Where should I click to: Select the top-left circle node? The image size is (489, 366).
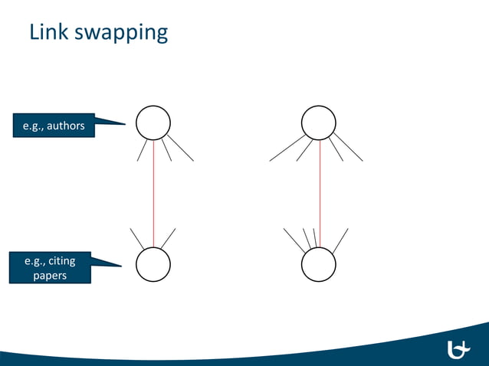[x=153, y=122]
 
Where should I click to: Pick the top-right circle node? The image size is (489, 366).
[x=319, y=122]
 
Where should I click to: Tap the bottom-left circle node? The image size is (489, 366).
[x=153, y=265]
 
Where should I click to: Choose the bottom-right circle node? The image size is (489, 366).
[x=319, y=265]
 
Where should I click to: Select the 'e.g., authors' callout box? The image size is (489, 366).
[x=53, y=126]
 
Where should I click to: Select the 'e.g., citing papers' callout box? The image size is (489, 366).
[x=50, y=269]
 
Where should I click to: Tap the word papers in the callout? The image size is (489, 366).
[x=50, y=276]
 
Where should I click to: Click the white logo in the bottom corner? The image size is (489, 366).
[x=458, y=349]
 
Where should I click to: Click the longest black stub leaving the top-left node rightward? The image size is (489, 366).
[x=180, y=149]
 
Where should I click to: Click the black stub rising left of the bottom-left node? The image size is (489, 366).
[x=137, y=239]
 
